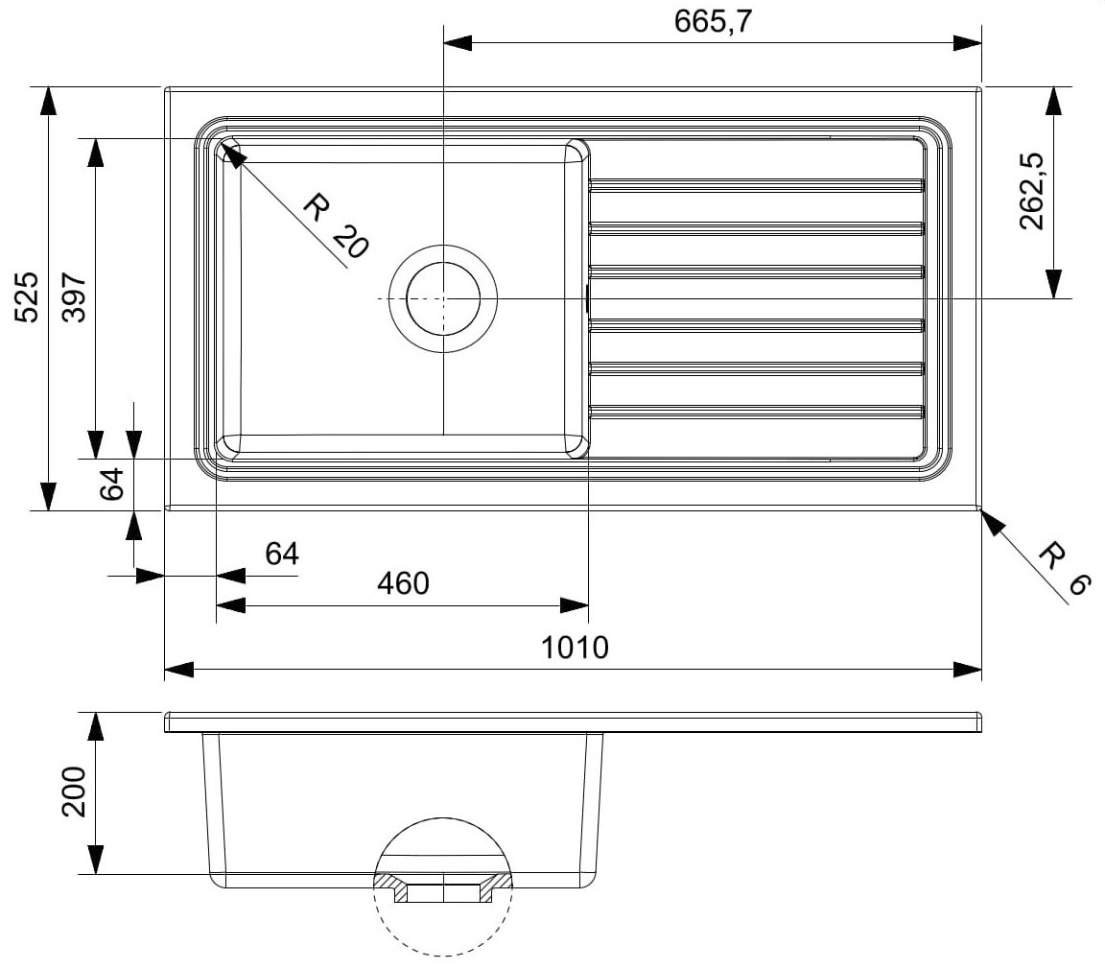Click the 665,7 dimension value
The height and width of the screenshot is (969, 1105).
(714, 22)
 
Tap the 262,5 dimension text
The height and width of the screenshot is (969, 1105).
(1032, 191)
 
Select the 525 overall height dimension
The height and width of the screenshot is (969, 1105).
(28, 296)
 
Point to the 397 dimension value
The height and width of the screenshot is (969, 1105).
(74, 296)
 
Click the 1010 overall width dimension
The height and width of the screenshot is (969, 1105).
(575, 647)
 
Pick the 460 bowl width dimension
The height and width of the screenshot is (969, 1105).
(403, 583)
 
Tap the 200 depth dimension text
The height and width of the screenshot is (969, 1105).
(74, 792)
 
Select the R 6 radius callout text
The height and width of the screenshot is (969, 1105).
(1065, 568)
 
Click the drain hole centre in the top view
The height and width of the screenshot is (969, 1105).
(443, 298)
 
